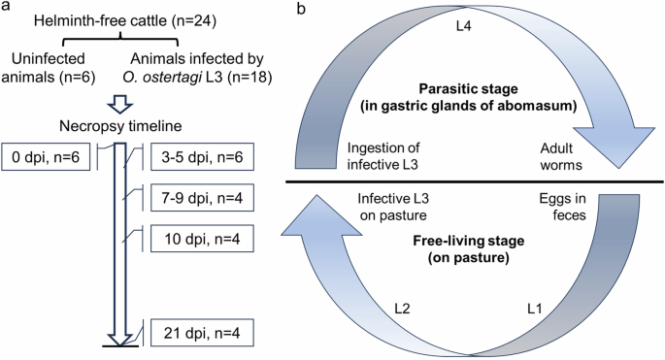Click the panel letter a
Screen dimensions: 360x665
pos(7,8)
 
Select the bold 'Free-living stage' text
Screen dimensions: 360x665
pos(478,234)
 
